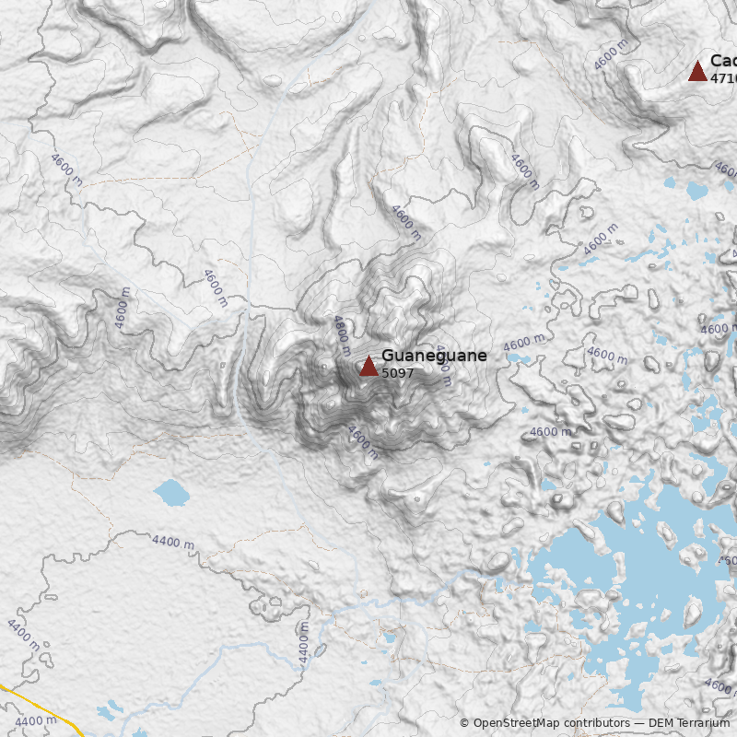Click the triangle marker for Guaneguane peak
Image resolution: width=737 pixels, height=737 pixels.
coord(368,366)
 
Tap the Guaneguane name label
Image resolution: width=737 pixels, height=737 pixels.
coord(434,356)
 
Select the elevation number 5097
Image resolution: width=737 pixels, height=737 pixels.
coord(398,373)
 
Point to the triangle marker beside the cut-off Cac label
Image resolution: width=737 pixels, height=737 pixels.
coord(697,71)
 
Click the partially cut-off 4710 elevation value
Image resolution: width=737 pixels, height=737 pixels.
coord(723,78)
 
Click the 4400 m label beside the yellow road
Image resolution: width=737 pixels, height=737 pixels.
coord(36,720)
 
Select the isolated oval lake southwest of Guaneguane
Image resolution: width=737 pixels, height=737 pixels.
coord(171,493)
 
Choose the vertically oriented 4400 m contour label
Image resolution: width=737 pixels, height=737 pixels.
coord(303,643)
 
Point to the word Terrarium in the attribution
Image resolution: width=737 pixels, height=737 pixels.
coord(702,723)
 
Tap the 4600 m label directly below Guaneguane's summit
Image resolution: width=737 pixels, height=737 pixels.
coord(362,441)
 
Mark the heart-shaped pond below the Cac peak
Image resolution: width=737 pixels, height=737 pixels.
coord(697,191)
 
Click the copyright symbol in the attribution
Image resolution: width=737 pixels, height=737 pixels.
coord(465,723)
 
